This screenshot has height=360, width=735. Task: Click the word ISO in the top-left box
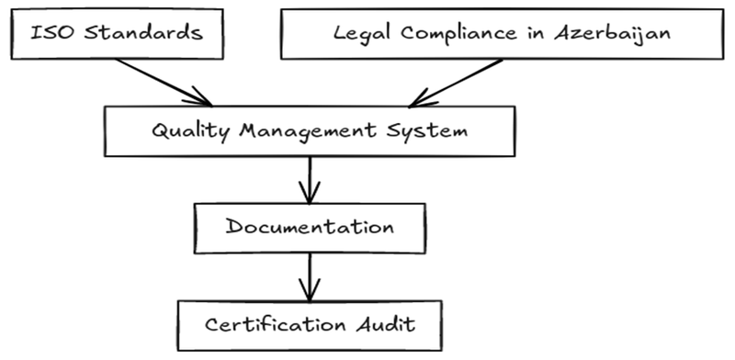point(47,34)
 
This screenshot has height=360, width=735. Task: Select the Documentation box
point(310,226)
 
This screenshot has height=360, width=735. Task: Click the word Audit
point(385,323)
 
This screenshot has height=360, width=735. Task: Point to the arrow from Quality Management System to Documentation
point(311,178)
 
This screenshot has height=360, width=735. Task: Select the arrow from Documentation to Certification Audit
point(311,275)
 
